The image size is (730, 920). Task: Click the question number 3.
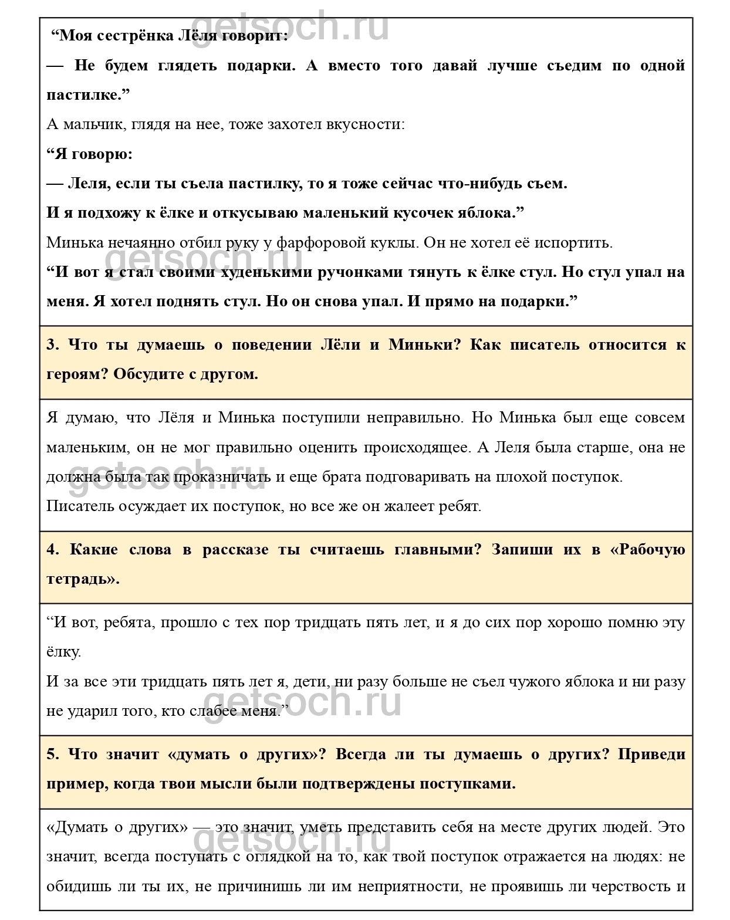click(x=53, y=344)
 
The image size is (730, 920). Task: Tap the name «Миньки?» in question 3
click(x=425, y=344)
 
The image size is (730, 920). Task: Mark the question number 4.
click(x=53, y=549)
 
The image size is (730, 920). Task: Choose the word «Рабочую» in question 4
click(x=651, y=549)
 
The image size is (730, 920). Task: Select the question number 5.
click(x=53, y=754)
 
